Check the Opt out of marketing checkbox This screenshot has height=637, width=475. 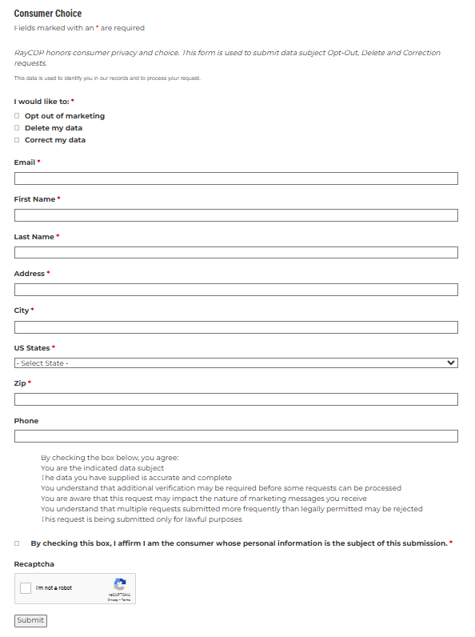(17, 116)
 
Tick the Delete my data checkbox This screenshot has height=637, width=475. (17, 128)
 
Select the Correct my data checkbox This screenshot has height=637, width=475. (17, 140)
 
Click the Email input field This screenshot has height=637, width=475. (236, 178)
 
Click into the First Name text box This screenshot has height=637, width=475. (236, 215)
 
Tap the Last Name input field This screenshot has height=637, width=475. (236, 253)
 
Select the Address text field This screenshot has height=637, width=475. (236, 290)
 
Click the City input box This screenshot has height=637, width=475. (236, 327)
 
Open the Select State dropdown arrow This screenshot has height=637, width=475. (452, 363)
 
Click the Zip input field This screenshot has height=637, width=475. (236, 399)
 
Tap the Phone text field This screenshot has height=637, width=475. (236, 436)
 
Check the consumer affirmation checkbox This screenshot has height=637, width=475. (17, 543)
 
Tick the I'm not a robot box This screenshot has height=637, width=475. (26, 588)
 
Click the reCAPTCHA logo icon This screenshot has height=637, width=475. (120, 585)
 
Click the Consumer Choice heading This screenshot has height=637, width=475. (48, 14)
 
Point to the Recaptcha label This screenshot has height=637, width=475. (34, 564)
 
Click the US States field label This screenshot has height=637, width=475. (32, 348)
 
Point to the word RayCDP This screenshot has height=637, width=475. (30, 53)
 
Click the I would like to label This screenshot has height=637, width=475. (41, 102)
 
